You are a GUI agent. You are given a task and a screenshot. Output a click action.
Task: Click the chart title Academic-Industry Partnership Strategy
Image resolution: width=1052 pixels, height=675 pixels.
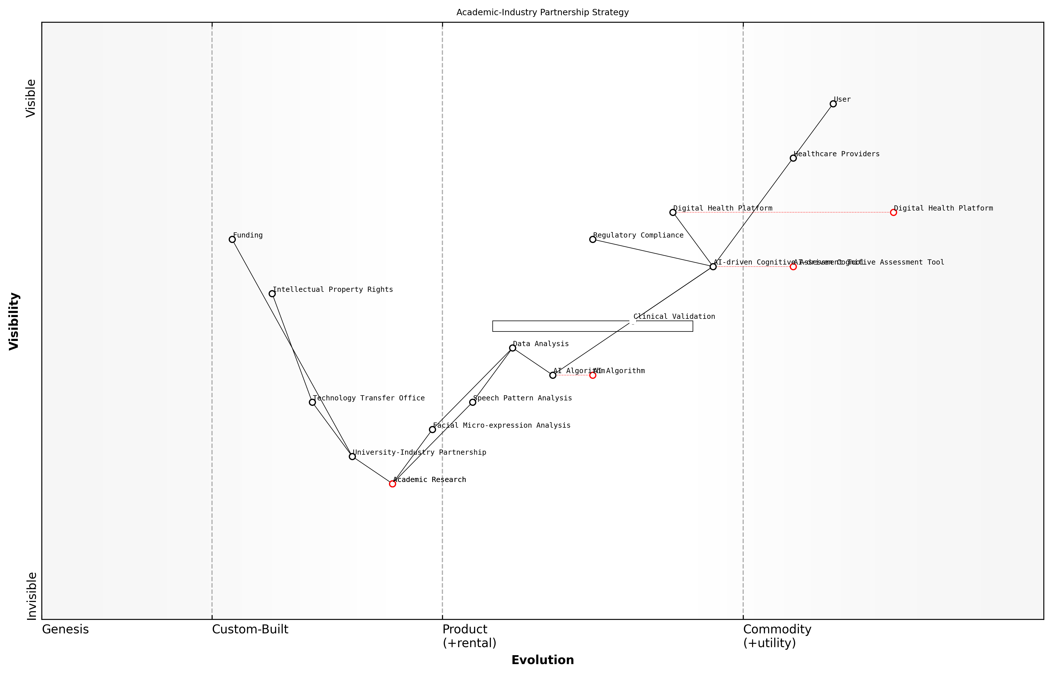click(542, 12)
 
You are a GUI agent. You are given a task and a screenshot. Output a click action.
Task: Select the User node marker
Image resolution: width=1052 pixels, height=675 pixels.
click(833, 104)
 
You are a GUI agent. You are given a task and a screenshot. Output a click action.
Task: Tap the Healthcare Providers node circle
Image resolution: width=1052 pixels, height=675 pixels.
click(793, 158)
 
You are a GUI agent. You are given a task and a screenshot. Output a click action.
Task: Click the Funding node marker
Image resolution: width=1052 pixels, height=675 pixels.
click(232, 239)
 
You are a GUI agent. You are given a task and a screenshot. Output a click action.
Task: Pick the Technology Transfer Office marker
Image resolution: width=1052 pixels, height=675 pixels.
click(312, 402)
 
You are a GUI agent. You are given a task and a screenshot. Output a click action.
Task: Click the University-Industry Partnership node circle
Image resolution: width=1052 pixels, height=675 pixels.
click(352, 457)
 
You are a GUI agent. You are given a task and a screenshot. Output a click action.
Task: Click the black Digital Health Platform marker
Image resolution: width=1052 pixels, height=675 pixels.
click(673, 213)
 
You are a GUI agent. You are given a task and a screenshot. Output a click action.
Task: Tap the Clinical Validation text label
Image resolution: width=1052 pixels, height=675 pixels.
click(674, 317)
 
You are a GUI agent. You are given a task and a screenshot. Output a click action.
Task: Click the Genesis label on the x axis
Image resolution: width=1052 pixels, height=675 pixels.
click(65, 629)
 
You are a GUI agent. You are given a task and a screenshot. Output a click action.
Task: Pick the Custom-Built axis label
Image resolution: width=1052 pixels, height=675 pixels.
click(250, 629)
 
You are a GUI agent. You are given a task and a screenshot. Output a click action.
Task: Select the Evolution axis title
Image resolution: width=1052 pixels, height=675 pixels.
click(542, 660)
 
